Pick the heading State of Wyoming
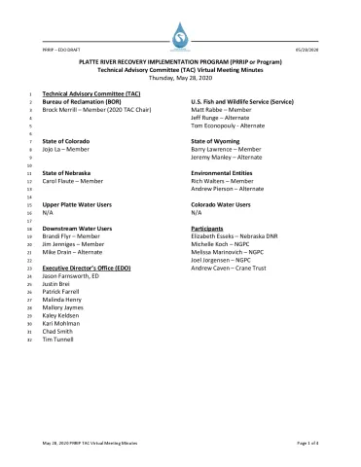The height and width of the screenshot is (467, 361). [x=219, y=141]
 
